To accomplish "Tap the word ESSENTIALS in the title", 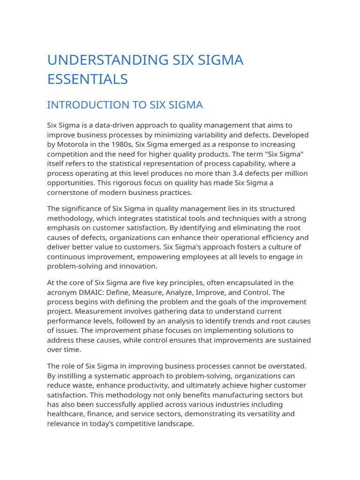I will [87, 79].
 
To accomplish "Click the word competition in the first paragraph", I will [68, 154].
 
